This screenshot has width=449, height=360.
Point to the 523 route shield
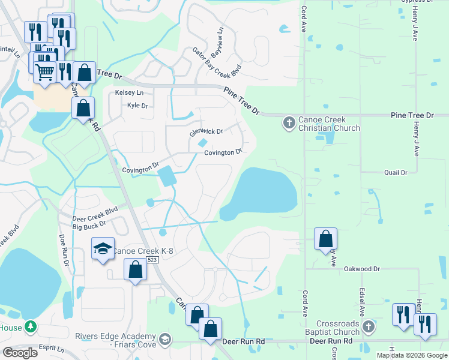tap(152, 260)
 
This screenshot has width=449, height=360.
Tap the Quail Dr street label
tap(396, 172)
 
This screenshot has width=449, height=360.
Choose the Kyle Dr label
tap(137, 106)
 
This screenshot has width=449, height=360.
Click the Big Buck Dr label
tap(89, 224)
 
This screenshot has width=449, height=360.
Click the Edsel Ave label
tap(363, 303)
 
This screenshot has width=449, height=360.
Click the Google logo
tap(19, 353)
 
